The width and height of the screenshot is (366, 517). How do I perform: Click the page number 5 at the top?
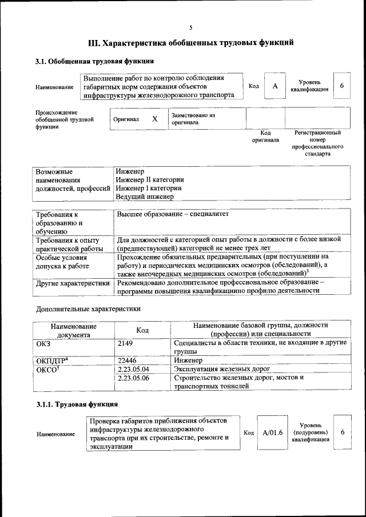click(191, 27)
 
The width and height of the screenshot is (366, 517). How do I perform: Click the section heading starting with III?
click(191, 42)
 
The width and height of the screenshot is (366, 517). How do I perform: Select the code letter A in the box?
click(275, 86)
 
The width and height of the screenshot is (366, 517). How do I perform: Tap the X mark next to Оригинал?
click(154, 119)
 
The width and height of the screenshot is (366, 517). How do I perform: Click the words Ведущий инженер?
click(144, 197)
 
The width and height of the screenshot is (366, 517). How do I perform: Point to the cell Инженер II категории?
click(150, 179)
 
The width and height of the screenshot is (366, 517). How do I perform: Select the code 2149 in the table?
click(126, 343)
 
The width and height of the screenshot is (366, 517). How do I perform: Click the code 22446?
click(128, 360)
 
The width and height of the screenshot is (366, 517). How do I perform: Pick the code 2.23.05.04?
click(133, 369)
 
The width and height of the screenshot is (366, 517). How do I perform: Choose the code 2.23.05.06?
click(133, 378)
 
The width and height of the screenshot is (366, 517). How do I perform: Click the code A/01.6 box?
click(273, 432)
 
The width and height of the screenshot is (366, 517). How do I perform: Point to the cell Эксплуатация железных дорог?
click(222, 369)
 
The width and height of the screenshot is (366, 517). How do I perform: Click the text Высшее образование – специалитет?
click(173, 214)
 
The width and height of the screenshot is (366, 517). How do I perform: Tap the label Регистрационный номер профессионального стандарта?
click(317, 143)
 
